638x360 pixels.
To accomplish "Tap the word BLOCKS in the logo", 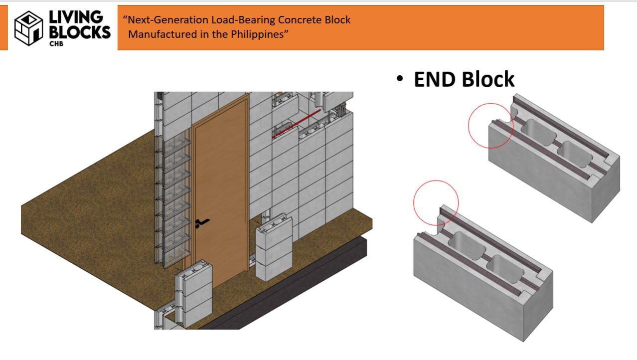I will [80, 32].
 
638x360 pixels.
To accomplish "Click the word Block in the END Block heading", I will [488, 80].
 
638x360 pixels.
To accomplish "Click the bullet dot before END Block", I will [400, 79].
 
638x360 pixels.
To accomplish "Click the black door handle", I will [201, 223].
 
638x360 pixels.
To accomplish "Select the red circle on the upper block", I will [490, 126].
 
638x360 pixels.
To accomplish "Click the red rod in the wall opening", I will [297, 123].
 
